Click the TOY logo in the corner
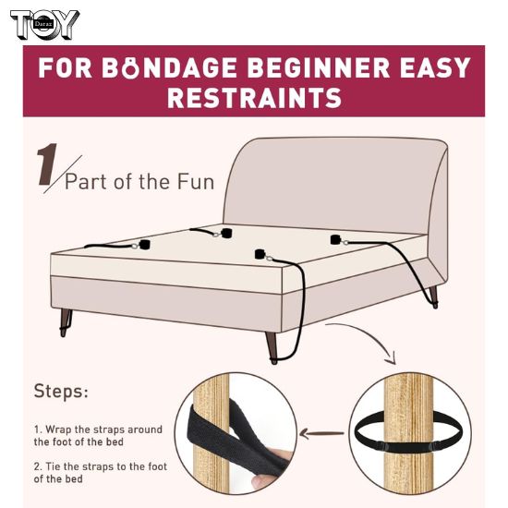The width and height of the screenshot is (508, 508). click(43, 25)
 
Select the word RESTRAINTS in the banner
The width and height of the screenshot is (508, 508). click(253, 98)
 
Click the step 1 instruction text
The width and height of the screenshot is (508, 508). click(98, 436)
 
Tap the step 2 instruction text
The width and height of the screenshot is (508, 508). click(98, 471)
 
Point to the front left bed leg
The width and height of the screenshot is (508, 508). click(66, 321)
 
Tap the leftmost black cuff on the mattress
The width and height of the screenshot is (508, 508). click(145, 245)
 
